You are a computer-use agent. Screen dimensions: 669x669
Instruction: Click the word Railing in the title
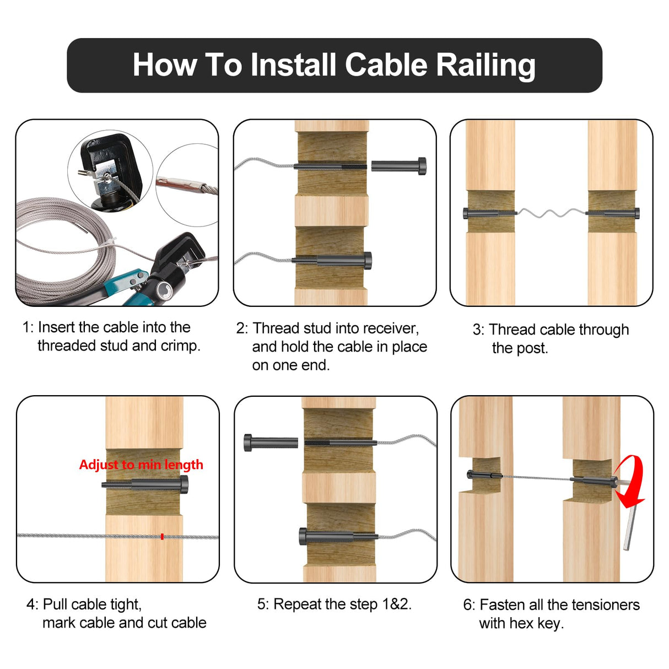(x=485, y=65)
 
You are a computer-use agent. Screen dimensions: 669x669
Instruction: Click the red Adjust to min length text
(x=141, y=465)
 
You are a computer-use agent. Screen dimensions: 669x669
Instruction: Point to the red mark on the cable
(x=162, y=536)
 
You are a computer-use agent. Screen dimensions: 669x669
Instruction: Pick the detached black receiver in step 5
(x=271, y=442)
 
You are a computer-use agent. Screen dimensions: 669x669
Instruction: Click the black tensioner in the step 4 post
(x=146, y=484)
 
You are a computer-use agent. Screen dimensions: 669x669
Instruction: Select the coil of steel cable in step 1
(x=61, y=248)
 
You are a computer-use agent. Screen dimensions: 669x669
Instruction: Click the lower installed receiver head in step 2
(x=366, y=260)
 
